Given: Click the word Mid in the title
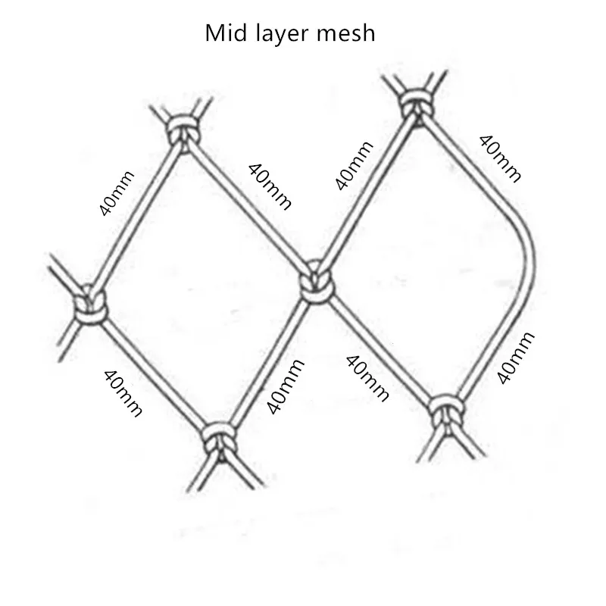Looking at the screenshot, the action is [223, 33].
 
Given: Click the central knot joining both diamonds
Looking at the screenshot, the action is [314, 285].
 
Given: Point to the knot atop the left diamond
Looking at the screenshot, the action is [181, 129].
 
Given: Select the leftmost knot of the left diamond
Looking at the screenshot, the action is [89, 306].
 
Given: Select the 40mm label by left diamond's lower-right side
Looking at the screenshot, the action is [286, 386].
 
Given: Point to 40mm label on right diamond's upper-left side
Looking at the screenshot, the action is [353, 164].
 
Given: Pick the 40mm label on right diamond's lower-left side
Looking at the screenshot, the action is [367, 377].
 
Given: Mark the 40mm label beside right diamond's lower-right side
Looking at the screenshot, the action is [517, 358].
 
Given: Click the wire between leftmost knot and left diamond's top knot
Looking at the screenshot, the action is [136, 216].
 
